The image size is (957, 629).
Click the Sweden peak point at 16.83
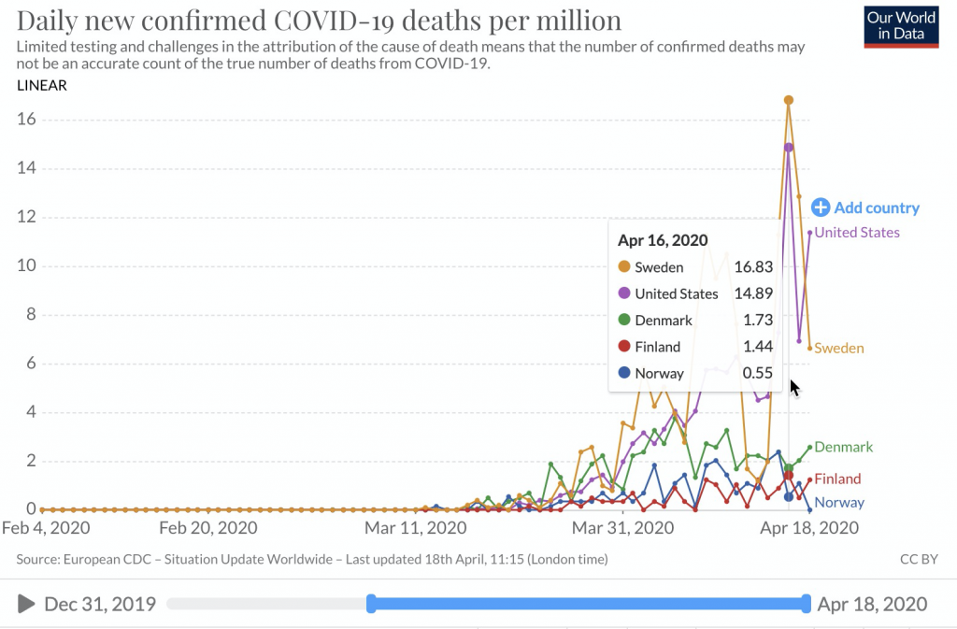pos(789,100)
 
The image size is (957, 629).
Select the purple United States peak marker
pos(789,147)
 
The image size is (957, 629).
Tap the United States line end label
pos(857,233)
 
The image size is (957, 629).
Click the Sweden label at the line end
pos(838,349)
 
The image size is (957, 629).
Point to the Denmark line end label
pos(843,448)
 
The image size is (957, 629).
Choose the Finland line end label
pos(837,479)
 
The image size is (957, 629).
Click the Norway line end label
pos(838,503)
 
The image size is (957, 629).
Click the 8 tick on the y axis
pos(30,315)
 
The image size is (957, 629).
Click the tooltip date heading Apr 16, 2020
pos(663,240)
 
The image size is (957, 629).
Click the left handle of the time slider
pos(371,604)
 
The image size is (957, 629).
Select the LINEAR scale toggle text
pos(42,86)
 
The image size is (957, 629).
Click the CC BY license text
pos(918,560)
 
